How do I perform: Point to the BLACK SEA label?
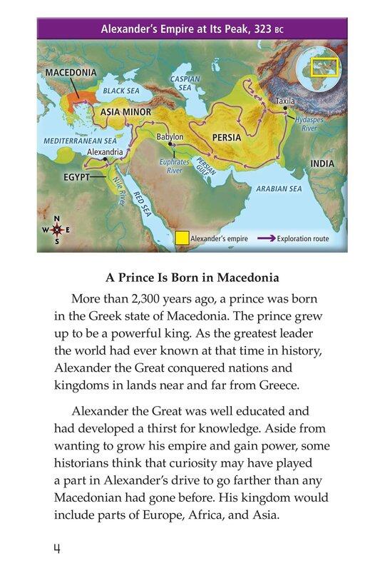click(120, 91)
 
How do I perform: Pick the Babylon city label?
click(170, 136)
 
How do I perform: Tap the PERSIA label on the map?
click(227, 136)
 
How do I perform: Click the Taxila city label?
click(285, 102)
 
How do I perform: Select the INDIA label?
click(322, 163)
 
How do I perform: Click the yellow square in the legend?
click(183, 238)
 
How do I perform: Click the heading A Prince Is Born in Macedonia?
click(191, 278)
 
